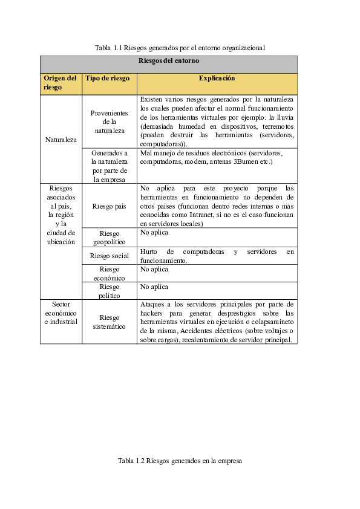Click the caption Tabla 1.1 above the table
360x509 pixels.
point(180,47)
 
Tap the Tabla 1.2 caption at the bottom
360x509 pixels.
point(180,461)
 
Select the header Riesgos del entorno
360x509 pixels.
point(169,61)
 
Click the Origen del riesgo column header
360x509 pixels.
point(61,83)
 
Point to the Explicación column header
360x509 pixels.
point(217,79)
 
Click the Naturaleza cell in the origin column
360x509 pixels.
point(61,140)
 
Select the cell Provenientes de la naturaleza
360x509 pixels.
point(109,122)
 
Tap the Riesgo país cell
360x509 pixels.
point(109,206)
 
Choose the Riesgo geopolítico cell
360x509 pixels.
point(109,238)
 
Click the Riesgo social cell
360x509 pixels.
point(109,256)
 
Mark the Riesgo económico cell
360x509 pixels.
point(109,273)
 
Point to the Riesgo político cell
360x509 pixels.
point(109,291)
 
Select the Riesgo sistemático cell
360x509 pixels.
point(109,322)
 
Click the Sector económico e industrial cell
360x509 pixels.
point(61,313)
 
